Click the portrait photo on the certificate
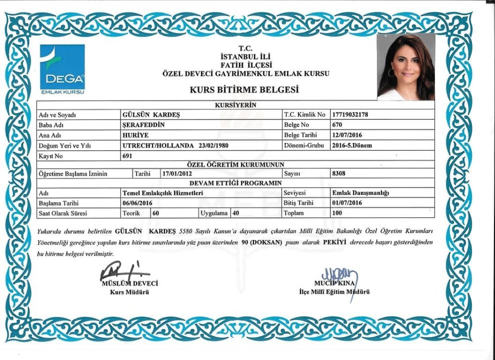406,67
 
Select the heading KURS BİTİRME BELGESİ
244,90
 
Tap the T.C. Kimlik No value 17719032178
350,114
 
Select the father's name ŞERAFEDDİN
143,125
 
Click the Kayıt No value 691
127,156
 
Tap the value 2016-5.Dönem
352,145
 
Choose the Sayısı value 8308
338,173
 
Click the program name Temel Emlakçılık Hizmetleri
162,193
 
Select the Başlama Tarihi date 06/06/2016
137,203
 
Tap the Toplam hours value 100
337,213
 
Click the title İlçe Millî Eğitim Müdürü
334,292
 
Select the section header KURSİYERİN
235,105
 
